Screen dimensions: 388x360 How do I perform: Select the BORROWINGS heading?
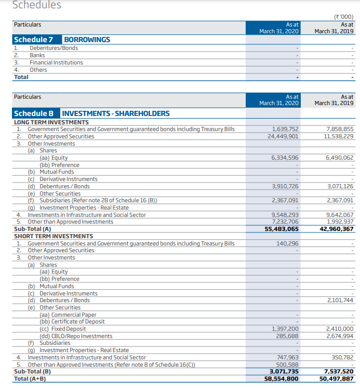87,40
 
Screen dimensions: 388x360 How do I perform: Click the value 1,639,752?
285,129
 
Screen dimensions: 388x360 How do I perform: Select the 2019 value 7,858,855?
340,129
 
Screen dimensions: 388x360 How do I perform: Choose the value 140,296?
287,243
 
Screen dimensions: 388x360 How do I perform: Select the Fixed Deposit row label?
63,329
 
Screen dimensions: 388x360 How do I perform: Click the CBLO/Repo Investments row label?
76,336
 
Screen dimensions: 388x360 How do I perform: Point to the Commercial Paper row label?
68,315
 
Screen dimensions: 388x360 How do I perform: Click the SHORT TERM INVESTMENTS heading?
53,236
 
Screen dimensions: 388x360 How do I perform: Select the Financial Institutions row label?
56,62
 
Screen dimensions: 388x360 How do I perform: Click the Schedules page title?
36,5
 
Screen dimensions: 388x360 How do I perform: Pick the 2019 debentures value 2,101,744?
340,300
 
